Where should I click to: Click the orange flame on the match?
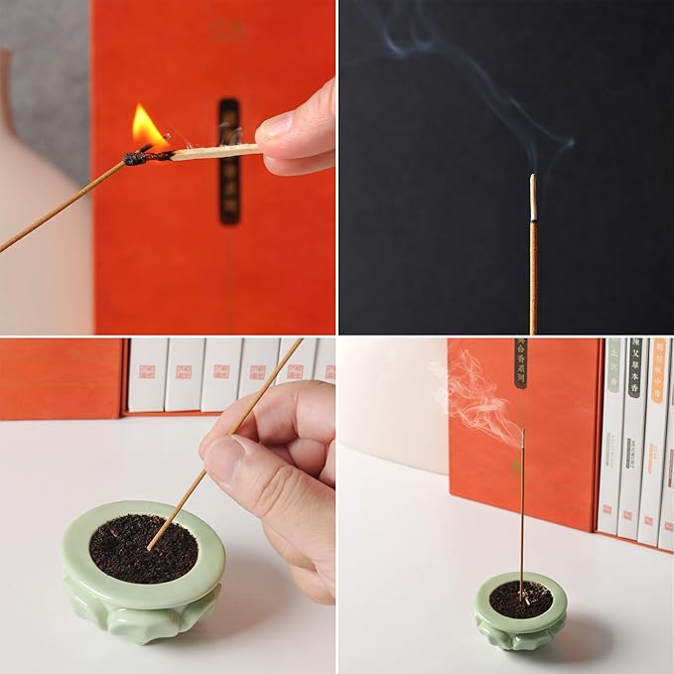[x=148, y=128]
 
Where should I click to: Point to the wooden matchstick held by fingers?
[x=213, y=152]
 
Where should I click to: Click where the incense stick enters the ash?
[x=152, y=545]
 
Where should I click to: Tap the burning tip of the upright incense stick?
[x=522, y=432]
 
